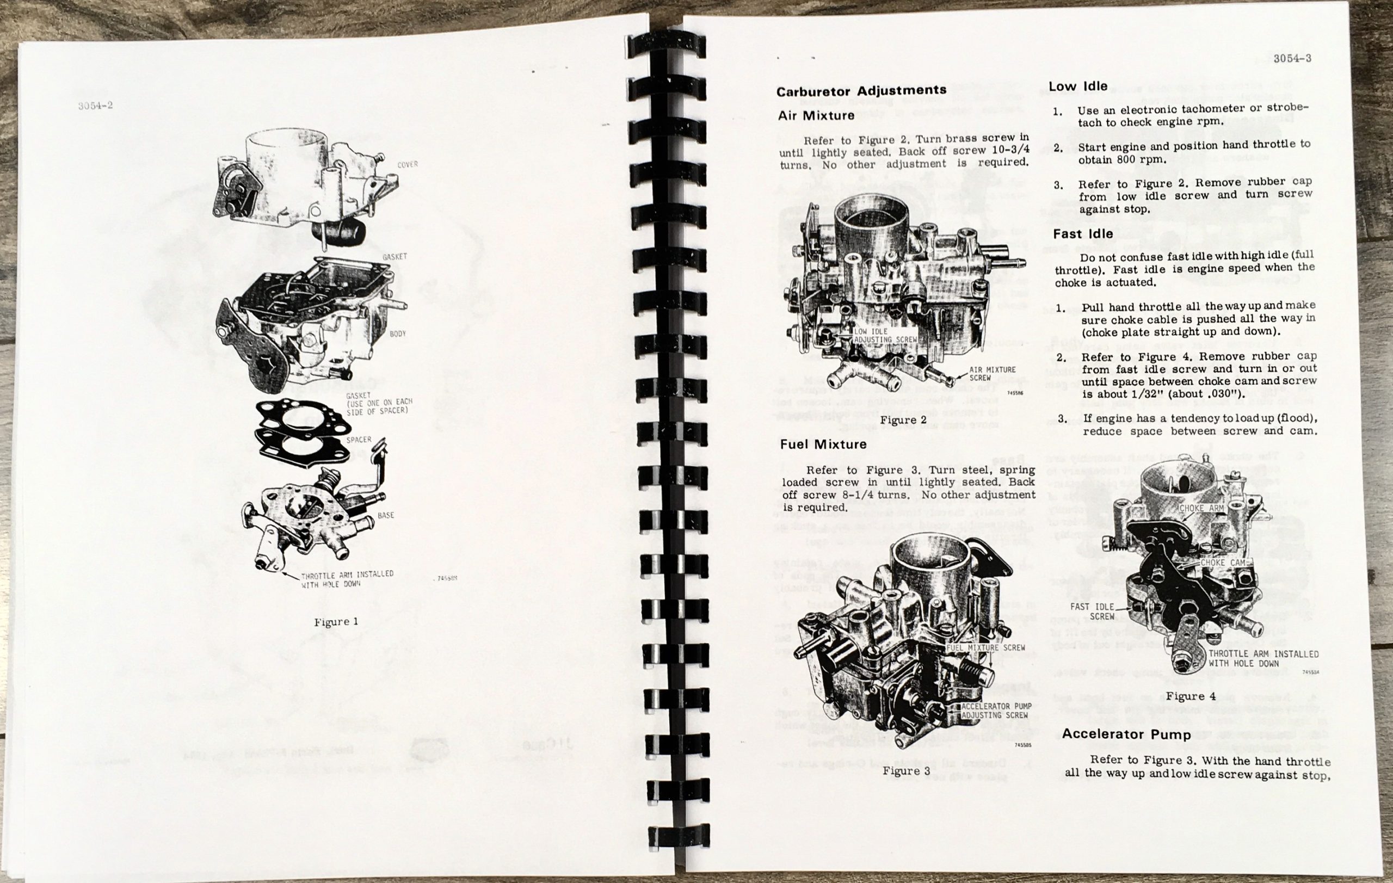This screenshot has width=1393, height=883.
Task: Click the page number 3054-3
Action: pyautogui.click(x=1292, y=58)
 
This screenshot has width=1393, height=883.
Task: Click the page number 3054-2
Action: pyautogui.click(x=95, y=106)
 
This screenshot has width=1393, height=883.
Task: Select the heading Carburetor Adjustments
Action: pyautogui.click(x=861, y=91)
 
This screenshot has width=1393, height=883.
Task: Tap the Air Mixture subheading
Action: pyautogui.click(x=816, y=116)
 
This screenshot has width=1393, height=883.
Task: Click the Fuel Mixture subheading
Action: pyautogui.click(x=823, y=444)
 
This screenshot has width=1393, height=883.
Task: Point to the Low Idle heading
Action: pyautogui.click(x=1078, y=86)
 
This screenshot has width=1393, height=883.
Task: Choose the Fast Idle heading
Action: pyautogui.click(x=1082, y=233)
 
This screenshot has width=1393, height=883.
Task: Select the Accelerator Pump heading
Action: pyautogui.click(x=1126, y=734)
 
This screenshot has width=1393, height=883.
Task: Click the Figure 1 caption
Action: pyautogui.click(x=336, y=622)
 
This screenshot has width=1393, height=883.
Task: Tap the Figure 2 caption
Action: pyautogui.click(x=903, y=420)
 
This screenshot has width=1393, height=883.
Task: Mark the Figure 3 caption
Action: pyautogui.click(x=907, y=771)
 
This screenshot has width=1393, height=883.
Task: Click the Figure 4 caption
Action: pyautogui.click(x=1191, y=696)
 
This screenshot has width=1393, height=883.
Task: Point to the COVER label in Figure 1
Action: pyautogui.click(x=407, y=165)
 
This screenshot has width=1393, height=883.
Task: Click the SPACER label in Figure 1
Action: pyautogui.click(x=359, y=440)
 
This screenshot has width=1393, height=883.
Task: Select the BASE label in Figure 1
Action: pyautogui.click(x=386, y=515)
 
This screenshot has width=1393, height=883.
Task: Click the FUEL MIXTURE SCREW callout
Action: pyautogui.click(x=985, y=647)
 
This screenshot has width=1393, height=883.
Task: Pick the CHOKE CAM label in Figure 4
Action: pyautogui.click(x=1222, y=562)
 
